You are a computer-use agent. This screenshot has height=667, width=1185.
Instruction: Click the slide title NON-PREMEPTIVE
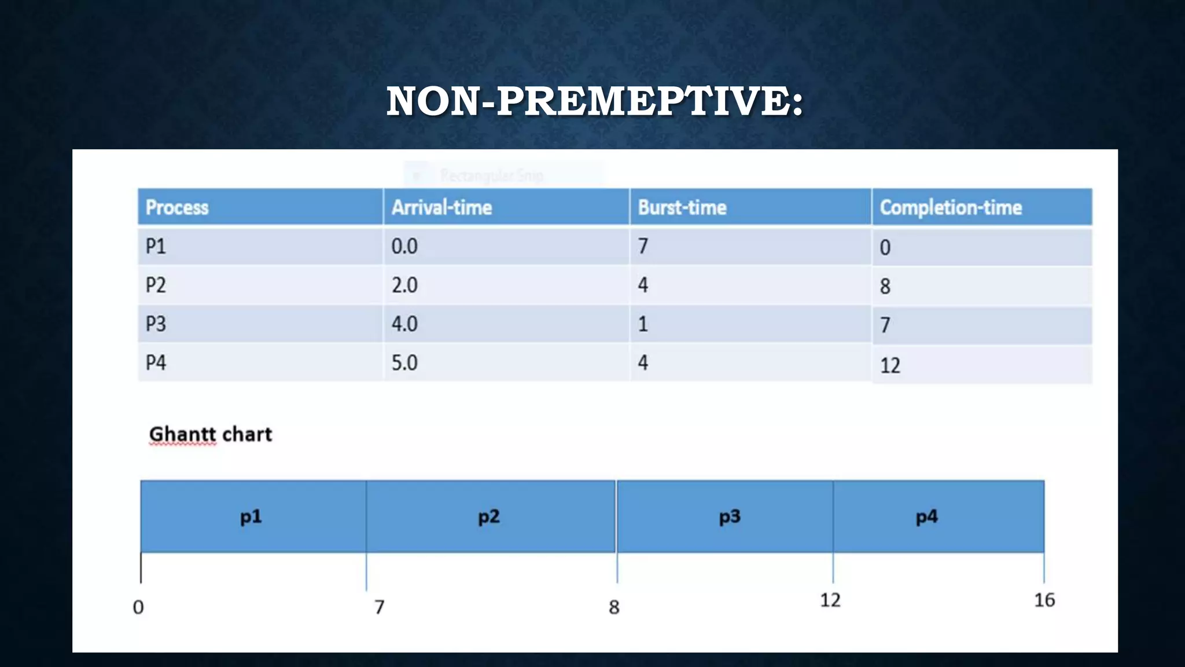(595, 101)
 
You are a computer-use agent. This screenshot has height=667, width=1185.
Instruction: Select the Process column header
(177, 207)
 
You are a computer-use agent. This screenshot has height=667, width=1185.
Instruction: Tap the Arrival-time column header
(441, 207)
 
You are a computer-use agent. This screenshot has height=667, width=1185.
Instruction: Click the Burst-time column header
(682, 207)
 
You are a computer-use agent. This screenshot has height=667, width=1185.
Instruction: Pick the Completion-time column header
(951, 207)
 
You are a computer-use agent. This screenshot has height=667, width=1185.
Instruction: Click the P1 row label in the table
(156, 247)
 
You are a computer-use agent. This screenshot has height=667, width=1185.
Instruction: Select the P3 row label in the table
(156, 324)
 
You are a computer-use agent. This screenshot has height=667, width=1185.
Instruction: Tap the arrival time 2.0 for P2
(404, 285)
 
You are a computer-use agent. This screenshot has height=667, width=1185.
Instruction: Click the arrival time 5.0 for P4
(404, 363)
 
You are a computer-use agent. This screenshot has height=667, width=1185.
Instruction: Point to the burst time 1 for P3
(643, 324)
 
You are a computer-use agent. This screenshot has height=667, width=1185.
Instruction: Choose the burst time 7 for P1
(643, 247)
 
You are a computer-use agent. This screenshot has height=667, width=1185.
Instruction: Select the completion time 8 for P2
(885, 287)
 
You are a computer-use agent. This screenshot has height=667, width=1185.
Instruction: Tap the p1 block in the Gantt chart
(251, 516)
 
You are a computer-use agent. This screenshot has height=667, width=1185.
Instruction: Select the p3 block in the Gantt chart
(730, 516)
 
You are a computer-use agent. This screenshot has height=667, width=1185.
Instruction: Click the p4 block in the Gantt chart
(926, 516)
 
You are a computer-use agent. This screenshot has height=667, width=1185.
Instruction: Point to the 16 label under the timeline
(1044, 600)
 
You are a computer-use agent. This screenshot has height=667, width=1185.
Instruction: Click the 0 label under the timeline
(138, 607)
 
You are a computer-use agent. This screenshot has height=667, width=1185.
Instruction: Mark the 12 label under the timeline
(830, 600)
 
